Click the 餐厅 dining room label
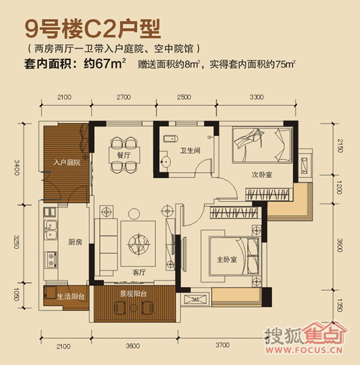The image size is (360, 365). point(124,155)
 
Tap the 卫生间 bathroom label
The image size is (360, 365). point(190,150)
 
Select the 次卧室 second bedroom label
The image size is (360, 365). point(262,174)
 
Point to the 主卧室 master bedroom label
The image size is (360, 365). point(227,260)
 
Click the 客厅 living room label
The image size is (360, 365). point(139,272)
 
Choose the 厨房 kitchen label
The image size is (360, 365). point(75,242)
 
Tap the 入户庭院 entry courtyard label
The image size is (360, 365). point(67,162)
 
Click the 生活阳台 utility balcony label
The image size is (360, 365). point(71,296)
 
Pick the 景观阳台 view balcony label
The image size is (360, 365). point(133,294)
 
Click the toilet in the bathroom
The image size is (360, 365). point(170,138)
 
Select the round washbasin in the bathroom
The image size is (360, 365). point(166,161)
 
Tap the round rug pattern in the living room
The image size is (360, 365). point(139,244)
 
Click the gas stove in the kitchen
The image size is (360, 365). point(50,260)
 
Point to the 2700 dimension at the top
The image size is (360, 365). point(124,97)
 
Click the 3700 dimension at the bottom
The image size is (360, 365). point(223,345)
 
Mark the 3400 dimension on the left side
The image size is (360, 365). point(17,167)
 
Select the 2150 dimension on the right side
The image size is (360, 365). point(340,146)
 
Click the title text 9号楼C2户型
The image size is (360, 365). point(93,29)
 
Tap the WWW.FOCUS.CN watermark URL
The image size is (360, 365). point(304,350)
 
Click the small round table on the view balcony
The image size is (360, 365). point(134,308)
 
